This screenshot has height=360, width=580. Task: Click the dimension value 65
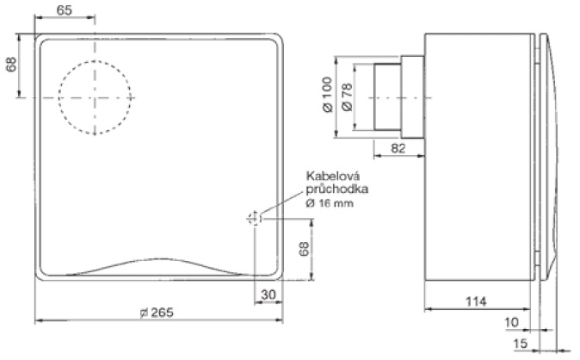coord(64,10)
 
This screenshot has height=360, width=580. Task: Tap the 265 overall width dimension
coord(157,313)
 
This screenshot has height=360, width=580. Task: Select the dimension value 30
coord(268,295)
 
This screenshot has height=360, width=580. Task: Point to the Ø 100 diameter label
coord(327,95)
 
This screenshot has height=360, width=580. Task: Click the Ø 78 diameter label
coord(348,96)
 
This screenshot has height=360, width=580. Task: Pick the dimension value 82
coord(398,148)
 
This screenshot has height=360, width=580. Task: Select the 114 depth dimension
coord(476,301)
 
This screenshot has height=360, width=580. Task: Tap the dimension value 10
coord(511,322)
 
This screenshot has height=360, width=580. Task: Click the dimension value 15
coord(521,344)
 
